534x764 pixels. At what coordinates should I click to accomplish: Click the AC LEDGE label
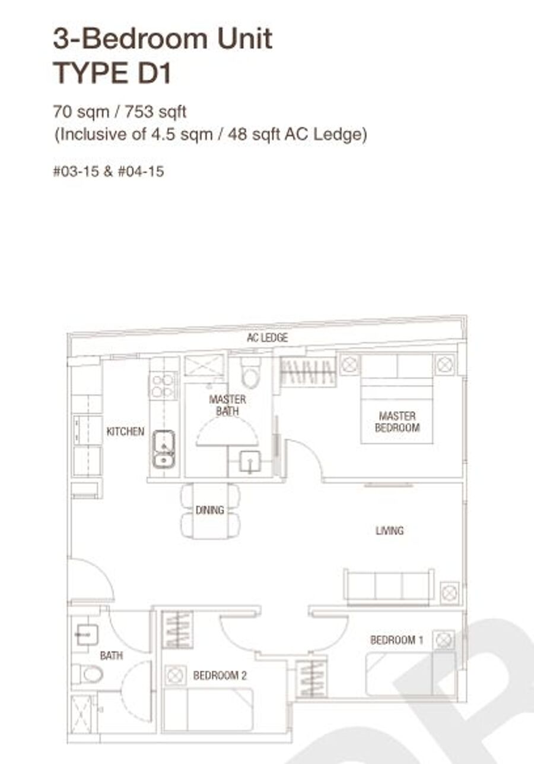click(268, 337)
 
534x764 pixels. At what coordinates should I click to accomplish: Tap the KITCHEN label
click(125, 431)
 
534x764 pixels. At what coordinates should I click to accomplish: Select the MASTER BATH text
click(227, 405)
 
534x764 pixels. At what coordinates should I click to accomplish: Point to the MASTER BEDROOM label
click(397, 422)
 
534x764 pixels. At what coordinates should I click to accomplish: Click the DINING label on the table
click(210, 510)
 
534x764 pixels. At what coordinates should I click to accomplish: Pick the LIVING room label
click(390, 531)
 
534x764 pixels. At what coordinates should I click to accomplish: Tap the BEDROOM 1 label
click(397, 640)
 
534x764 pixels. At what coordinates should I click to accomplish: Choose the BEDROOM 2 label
click(220, 675)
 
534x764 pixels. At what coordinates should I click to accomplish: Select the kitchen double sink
click(164, 449)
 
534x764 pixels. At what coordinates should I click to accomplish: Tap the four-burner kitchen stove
click(163, 386)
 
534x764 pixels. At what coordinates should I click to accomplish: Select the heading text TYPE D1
click(112, 72)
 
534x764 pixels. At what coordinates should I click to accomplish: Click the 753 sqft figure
click(155, 112)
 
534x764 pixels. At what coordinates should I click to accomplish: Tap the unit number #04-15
click(141, 171)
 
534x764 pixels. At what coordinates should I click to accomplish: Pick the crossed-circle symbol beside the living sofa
click(450, 593)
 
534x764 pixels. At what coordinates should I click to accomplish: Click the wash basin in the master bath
click(250, 462)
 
